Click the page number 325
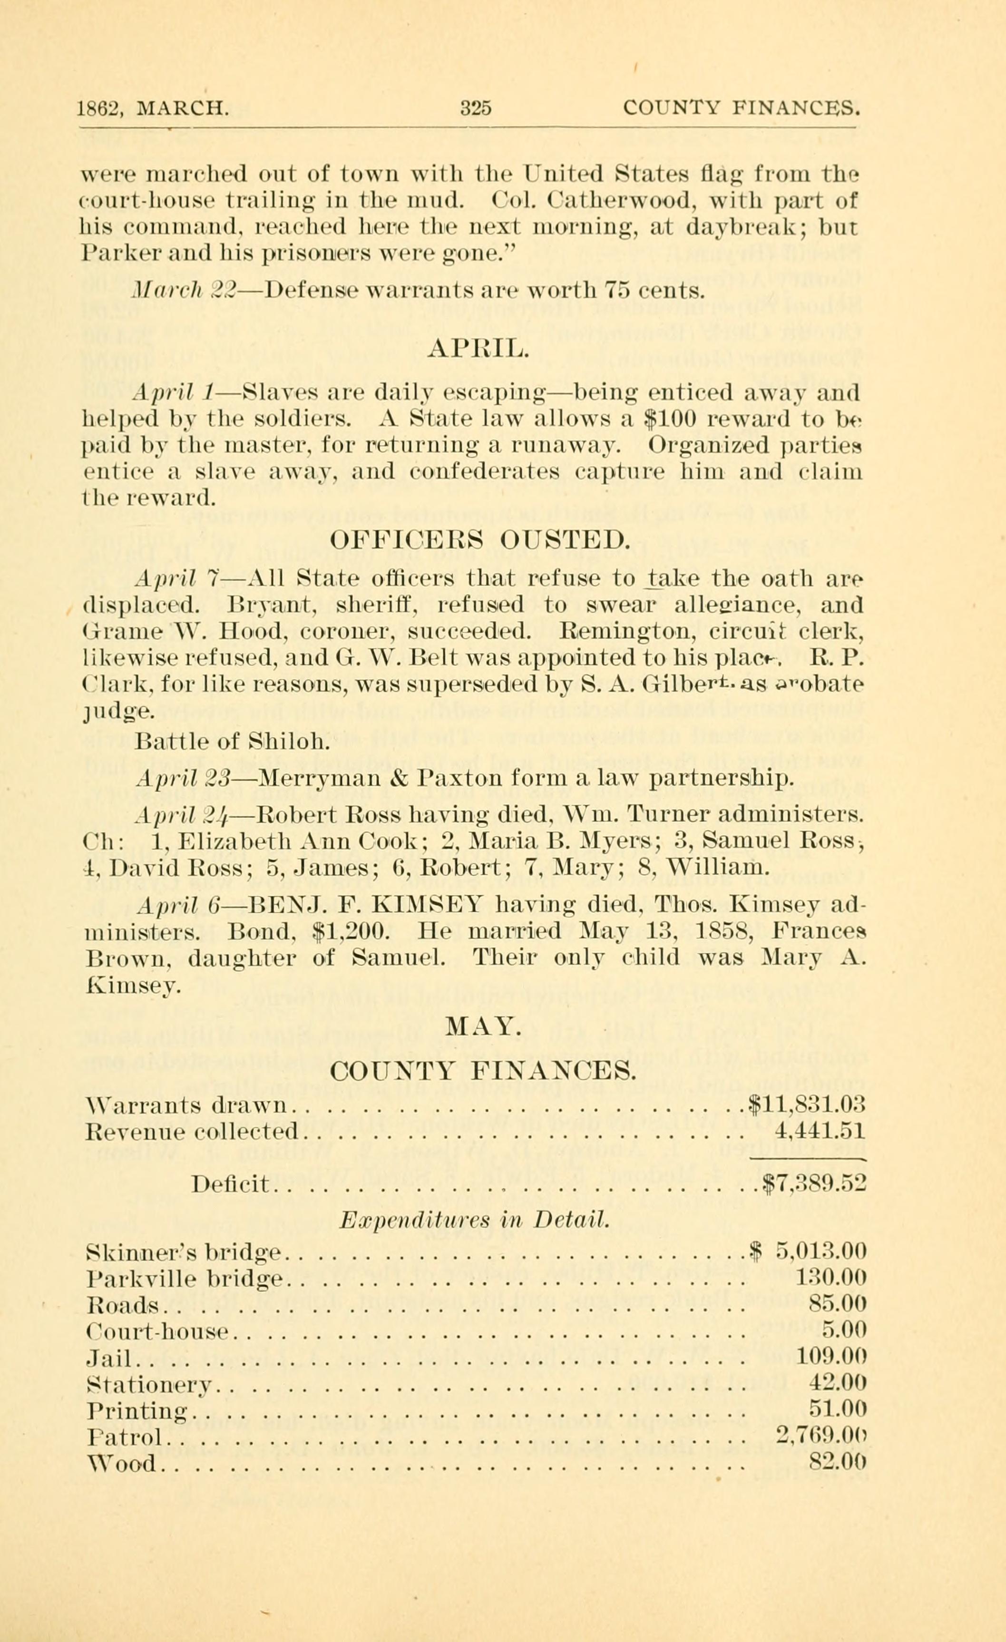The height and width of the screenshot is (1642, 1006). [x=476, y=108]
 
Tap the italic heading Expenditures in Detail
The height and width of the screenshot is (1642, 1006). [x=474, y=1220]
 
